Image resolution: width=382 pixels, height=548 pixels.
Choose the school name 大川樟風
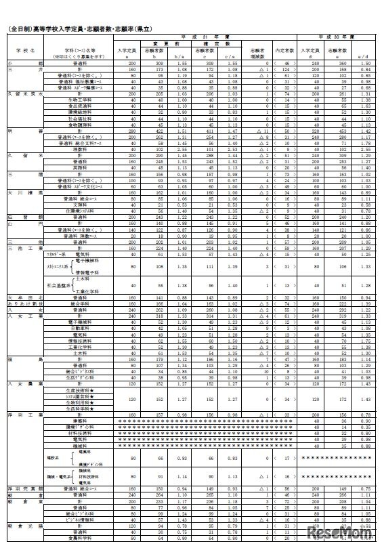26,192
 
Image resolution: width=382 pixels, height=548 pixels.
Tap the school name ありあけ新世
26,302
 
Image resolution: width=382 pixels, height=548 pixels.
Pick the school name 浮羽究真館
26,488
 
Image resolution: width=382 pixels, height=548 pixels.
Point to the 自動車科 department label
80,328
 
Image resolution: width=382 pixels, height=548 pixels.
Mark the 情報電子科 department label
91,273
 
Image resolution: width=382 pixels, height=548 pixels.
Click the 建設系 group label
52,458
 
